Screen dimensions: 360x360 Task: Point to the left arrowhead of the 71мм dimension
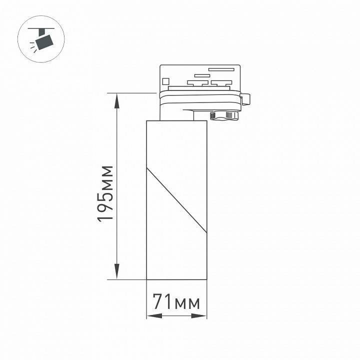coord(150,316)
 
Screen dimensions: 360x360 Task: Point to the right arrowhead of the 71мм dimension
coord(202,316)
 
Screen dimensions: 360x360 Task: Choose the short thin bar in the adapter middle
coord(201,76)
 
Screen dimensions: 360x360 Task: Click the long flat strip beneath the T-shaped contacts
coord(200,88)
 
